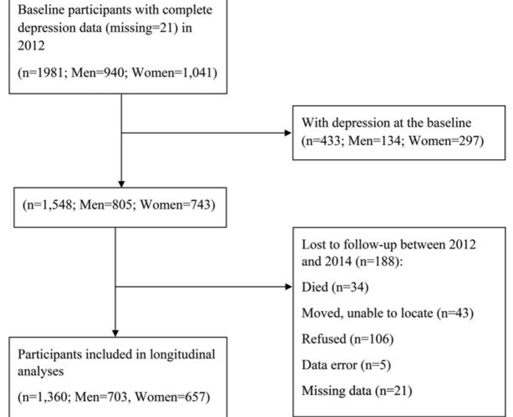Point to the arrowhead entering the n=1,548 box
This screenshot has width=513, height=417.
(121, 183)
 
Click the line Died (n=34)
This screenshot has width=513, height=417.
(335, 287)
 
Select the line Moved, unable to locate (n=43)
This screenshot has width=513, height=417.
(387, 313)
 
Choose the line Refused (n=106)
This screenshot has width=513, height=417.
(347, 339)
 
